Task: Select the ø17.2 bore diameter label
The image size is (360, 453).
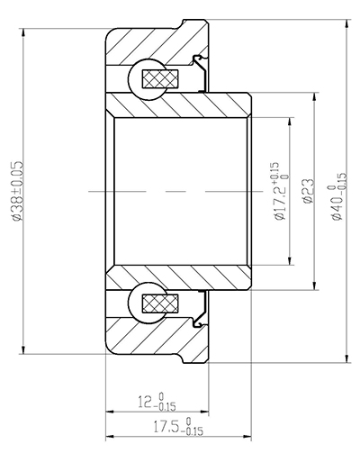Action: point(280,193)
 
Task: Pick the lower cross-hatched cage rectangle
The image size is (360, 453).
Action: point(167,306)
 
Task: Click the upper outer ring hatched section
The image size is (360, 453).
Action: point(153,45)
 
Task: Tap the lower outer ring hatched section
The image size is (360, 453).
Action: point(153,342)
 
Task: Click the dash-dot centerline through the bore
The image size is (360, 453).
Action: point(180,193)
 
